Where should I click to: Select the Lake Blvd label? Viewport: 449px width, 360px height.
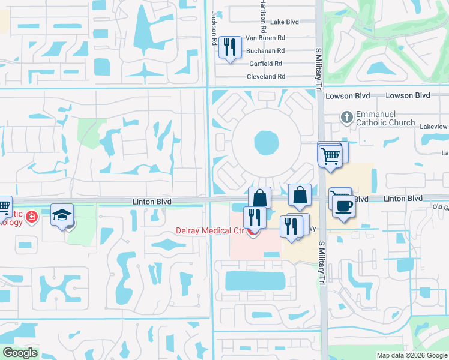point(285,22)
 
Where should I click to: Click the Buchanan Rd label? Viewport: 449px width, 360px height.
point(265,50)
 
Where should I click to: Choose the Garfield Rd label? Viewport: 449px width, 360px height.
point(266,64)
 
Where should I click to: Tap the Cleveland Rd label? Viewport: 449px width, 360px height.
point(266,77)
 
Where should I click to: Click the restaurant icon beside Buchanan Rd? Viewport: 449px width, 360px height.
point(229,48)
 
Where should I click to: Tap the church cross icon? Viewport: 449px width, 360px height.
point(346,118)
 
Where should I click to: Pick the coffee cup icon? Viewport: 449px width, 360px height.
point(344,206)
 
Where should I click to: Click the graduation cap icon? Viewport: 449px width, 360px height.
point(62,215)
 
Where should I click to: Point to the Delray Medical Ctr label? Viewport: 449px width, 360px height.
point(211,231)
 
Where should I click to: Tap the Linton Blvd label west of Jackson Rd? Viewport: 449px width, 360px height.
point(152,202)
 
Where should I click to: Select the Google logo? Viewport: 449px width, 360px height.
point(20,353)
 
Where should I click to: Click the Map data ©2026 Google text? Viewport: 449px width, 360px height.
point(412,355)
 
